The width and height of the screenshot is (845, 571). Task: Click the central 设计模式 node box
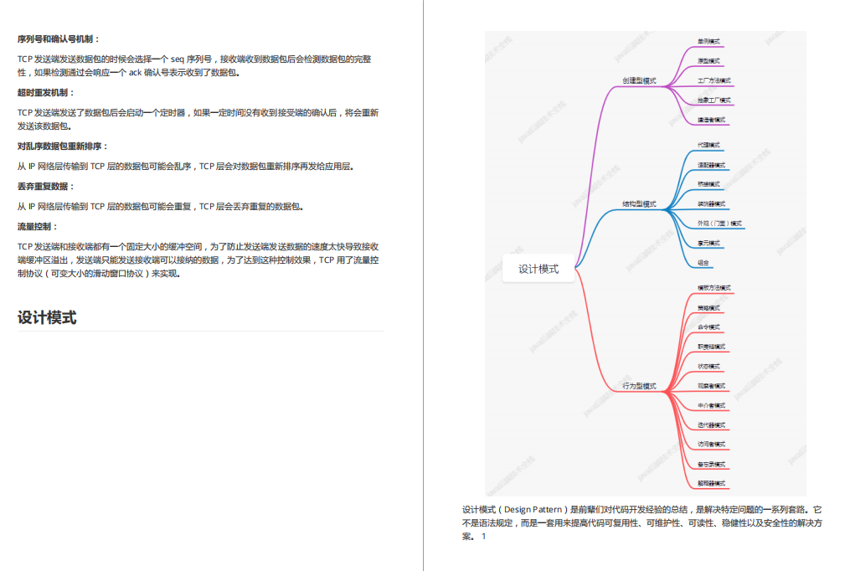pyautogui.click(x=538, y=269)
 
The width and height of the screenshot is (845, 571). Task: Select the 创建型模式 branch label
pyautogui.click(x=639, y=81)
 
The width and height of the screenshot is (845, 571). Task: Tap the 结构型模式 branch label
pyautogui.click(x=639, y=204)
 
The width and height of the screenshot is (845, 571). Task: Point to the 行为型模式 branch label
pyautogui.click(x=639, y=386)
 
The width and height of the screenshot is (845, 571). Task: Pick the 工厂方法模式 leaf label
pyautogui.click(x=714, y=81)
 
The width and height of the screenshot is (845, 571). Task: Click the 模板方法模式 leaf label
pyautogui.click(x=714, y=288)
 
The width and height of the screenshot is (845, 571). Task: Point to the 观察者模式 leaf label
pyautogui.click(x=712, y=386)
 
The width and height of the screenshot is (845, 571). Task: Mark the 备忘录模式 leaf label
pyautogui.click(x=712, y=464)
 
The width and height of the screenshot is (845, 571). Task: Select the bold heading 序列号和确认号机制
pyautogui.click(x=58, y=39)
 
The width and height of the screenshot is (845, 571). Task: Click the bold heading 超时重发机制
pyautogui.click(x=46, y=92)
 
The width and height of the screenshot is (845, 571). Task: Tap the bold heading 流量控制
pyautogui.click(x=38, y=226)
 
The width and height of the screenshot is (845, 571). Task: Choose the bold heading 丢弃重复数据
pyautogui.click(x=46, y=186)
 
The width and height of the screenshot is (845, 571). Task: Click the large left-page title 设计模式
pyautogui.click(x=47, y=317)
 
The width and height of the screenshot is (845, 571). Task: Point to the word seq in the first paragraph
pyautogui.click(x=178, y=59)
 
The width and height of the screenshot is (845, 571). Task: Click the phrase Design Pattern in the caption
pyautogui.click(x=533, y=509)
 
